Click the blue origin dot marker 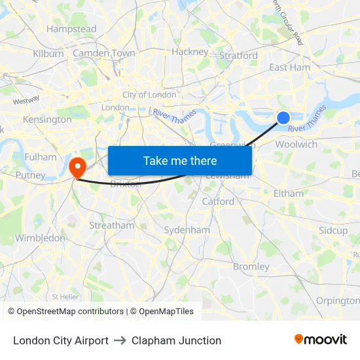point(283,118)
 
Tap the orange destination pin point(77,167)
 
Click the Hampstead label point(71,29)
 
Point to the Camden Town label point(104,53)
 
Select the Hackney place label point(190,52)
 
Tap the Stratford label point(238,56)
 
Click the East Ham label point(290,67)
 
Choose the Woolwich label point(297,145)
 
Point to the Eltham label point(289,193)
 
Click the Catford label point(218,202)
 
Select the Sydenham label point(187,230)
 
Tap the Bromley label point(251,266)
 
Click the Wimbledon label point(41,238)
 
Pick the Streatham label point(111,225)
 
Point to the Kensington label point(47,120)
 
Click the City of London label point(149,95)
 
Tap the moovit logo point(320,340)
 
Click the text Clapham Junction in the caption point(176,340)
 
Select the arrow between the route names point(120,340)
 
